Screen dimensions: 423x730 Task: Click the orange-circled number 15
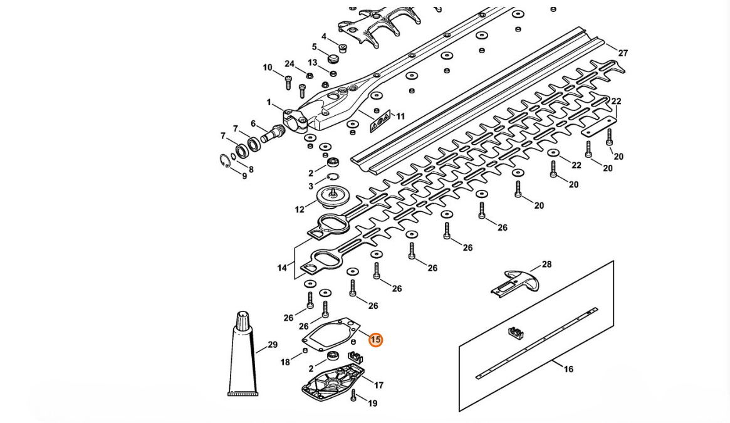pyautogui.click(x=375, y=340)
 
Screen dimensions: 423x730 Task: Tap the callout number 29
pyautogui.click(x=273, y=345)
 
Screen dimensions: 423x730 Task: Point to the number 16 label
pyautogui.click(x=568, y=369)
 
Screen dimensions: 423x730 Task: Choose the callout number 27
pyautogui.click(x=622, y=53)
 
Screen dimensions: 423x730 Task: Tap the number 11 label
pyautogui.click(x=400, y=116)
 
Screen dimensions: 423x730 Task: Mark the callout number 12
pyautogui.click(x=300, y=210)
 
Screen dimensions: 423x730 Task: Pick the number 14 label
pyautogui.click(x=282, y=268)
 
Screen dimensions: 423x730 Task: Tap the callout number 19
pyautogui.click(x=373, y=404)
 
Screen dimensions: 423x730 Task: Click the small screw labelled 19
pyautogui.click(x=354, y=395)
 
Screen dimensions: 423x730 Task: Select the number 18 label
pyautogui.click(x=285, y=362)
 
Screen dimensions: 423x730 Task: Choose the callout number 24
pyautogui.click(x=289, y=64)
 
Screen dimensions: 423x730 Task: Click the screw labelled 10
pyautogui.click(x=289, y=81)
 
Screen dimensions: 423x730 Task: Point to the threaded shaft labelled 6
pyautogui.click(x=276, y=133)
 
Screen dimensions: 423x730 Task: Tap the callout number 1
pyautogui.click(x=269, y=102)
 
